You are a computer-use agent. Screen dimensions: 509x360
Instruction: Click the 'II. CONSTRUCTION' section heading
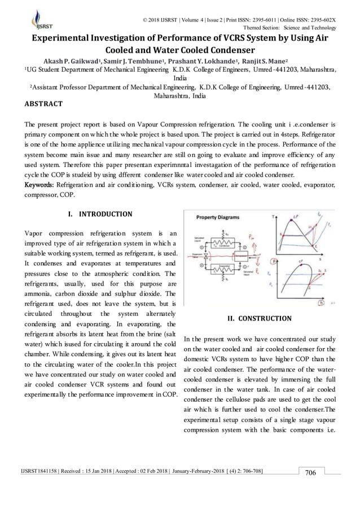coord(259,318)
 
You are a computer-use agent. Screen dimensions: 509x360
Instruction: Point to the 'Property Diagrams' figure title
coord(218,217)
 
